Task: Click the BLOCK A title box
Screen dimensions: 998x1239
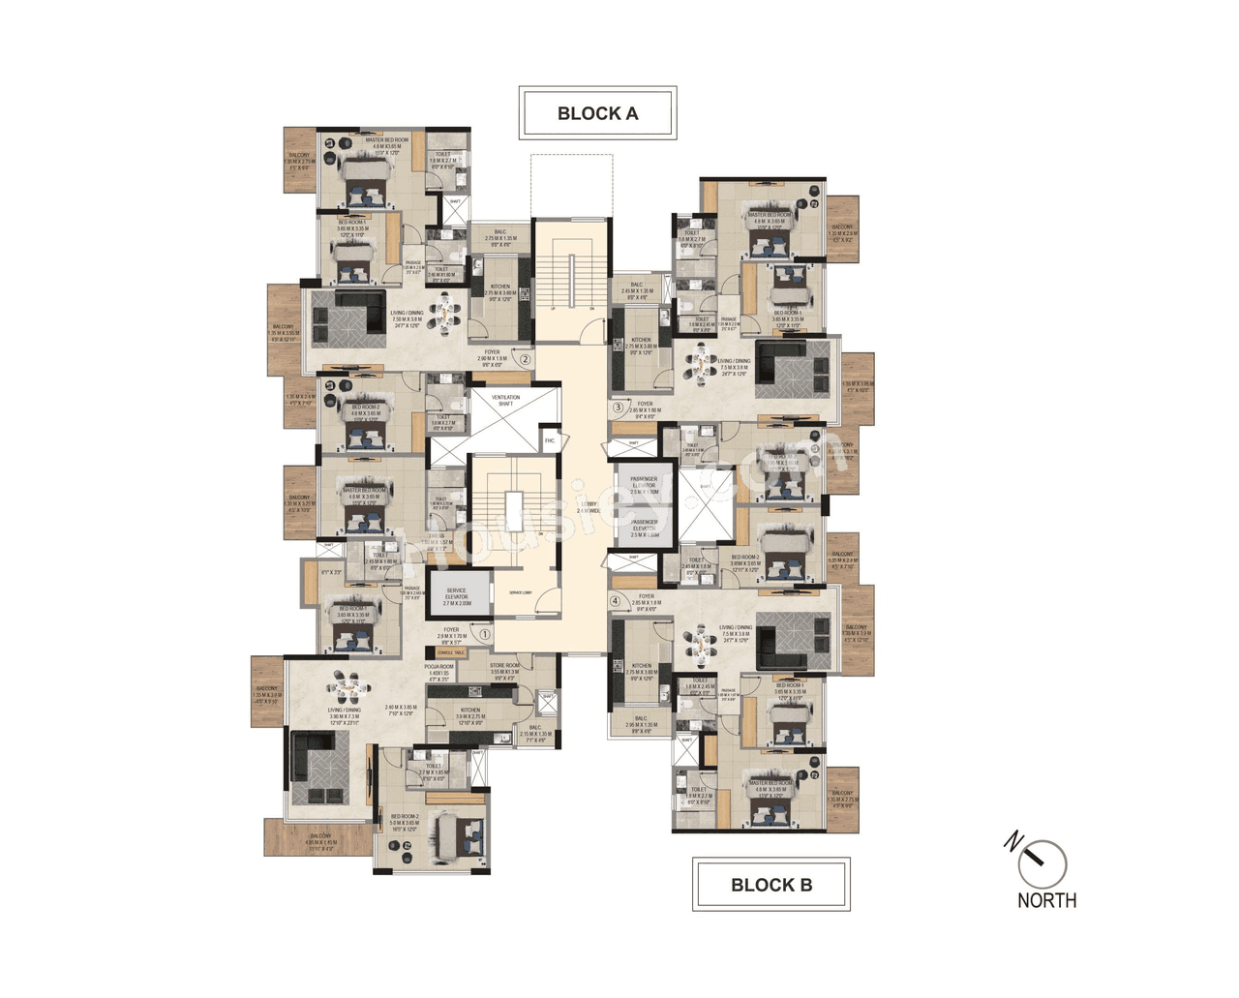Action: [x=597, y=113]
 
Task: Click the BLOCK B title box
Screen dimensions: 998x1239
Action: [x=771, y=884]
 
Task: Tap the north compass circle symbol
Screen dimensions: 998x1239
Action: [x=1043, y=863]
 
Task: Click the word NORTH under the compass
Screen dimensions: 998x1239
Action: [x=1046, y=900]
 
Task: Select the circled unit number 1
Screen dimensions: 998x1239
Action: [x=485, y=634]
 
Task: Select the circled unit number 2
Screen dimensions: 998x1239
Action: [x=525, y=360]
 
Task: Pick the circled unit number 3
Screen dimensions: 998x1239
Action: [x=618, y=408]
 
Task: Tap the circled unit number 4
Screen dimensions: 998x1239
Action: [x=615, y=600]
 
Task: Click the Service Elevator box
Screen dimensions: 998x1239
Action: [x=457, y=597]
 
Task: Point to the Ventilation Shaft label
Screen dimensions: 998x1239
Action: [x=505, y=400]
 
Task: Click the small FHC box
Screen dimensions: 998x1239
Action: [x=549, y=440]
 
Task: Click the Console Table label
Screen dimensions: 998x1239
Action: [x=451, y=653]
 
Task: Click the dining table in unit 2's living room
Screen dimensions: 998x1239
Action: [x=445, y=312]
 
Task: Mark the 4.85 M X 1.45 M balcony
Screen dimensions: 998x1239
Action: [x=320, y=840]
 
